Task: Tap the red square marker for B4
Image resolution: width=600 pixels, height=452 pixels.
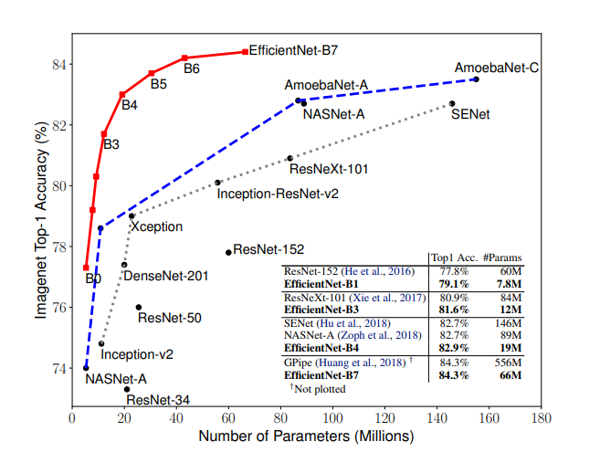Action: (122, 94)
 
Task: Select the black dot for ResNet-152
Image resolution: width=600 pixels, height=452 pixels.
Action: (228, 252)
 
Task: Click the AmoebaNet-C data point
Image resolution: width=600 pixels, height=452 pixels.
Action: (476, 79)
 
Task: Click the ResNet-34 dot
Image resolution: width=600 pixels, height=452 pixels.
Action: (127, 389)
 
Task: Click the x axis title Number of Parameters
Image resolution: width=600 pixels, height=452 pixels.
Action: (306, 436)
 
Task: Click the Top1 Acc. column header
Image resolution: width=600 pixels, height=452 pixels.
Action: (454, 258)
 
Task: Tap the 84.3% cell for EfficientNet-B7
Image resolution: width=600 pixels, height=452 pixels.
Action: (456, 375)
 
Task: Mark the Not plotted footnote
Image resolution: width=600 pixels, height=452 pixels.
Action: (318, 389)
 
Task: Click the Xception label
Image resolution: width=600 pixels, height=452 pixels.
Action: (156, 226)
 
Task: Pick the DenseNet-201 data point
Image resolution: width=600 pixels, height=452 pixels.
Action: (124, 265)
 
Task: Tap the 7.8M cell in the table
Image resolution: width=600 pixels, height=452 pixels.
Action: (505, 284)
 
